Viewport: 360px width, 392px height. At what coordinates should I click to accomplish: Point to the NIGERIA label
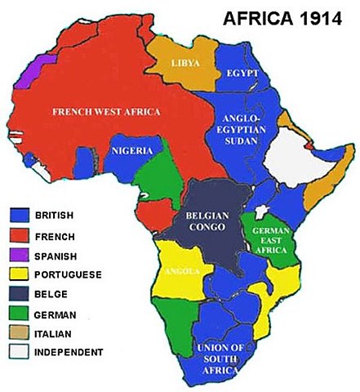(x=130, y=152)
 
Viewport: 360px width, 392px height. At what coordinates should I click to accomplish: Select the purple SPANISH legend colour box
(x=20, y=255)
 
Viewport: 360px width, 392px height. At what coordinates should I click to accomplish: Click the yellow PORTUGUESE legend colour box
(x=20, y=274)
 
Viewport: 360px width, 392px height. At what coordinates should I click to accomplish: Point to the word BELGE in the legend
(x=51, y=294)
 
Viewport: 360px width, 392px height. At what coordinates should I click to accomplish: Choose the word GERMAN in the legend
(x=56, y=314)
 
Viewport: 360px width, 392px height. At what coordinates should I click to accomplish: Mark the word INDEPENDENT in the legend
(x=69, y=352)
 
